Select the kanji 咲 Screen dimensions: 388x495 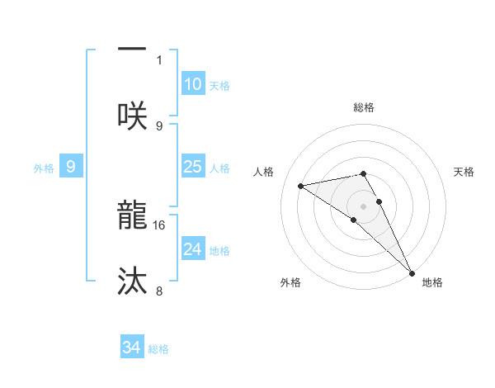pyautogui.click(x=132, y=115)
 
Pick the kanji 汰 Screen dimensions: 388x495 pyautogui.click(x=132, y=282)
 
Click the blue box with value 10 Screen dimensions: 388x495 pyautogui.click(x=193, y=85)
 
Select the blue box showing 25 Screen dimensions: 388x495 pyautogui.click(x=193, y=168)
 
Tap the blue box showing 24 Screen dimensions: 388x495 pyautogui.click(x=193, y=249)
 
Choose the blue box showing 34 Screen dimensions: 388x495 pyautogui.click(x=132, y=348)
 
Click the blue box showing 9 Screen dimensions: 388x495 pyautogui.click(x=71, y=168)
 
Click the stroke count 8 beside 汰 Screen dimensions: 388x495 pyautogui.click(x=159, y=291)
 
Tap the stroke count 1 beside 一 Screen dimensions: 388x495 pyautogui.click(x=159, y=59)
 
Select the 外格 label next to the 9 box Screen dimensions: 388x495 pyautogui.click(x=44, y=168)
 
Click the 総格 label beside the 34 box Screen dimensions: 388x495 pyautogui.click(x=158, y=349)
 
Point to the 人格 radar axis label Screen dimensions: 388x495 pyautogui.click(x=265, y=171)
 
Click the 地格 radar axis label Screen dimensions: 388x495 pyautogui.click(x=432, y=282)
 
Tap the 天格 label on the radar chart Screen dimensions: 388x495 pyautogui.click(x=464, y=171)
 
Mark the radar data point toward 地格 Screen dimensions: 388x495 pyautogui.click(x=412, y=273)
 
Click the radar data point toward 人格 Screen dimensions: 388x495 pyautogui.click(x=301, y=186)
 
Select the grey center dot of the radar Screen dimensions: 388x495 pyautogui.click(x=364, y=205)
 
